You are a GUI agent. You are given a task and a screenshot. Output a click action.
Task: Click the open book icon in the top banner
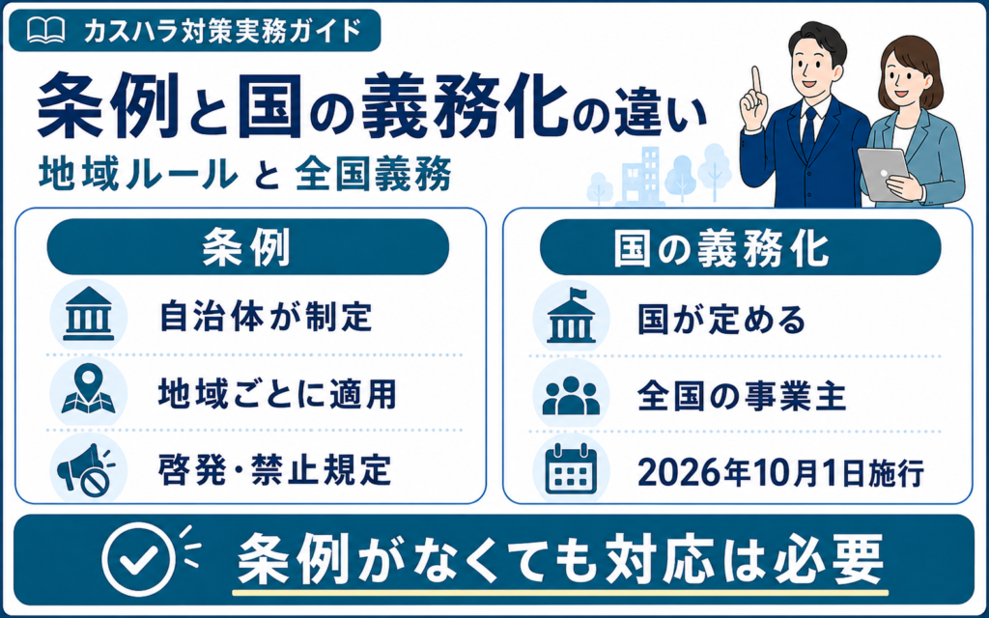[46, 30]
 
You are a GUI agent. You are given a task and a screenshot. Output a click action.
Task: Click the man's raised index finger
[756, 80]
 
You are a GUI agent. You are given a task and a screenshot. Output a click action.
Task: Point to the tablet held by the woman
[884, 173]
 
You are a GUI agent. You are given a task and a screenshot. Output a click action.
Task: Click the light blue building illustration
[641, 177]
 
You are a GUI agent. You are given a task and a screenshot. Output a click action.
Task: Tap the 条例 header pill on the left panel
[248, 246]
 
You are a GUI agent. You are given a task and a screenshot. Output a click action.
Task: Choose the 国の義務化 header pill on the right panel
[740, 246]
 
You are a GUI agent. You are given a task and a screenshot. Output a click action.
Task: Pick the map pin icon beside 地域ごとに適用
[88, 391]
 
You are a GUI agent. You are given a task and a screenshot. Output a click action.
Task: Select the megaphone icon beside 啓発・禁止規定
[86, 470]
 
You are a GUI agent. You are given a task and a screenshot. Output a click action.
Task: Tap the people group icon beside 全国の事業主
[571, 395]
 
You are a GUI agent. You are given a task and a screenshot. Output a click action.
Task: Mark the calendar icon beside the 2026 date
[571, 470]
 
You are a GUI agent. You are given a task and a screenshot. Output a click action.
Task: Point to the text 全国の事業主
[741, 396]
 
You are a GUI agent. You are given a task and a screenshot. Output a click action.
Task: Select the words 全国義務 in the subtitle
[373, 174]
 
